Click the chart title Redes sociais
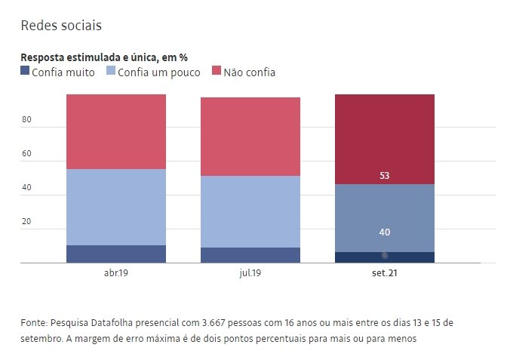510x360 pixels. [61, 25]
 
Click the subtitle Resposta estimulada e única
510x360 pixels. [104, 57]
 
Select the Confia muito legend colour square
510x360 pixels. [25, 72]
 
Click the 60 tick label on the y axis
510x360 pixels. [26, 154]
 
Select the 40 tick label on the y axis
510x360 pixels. [26, 188]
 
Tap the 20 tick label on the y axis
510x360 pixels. [26, 222]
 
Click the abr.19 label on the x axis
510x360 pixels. [116, 272]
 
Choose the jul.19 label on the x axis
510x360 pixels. [250, 272]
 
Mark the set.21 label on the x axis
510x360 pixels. [385, 272]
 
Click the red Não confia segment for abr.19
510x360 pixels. [116, 131]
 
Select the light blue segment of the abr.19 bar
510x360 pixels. [116, 207]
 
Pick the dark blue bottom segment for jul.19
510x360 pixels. [250, 255]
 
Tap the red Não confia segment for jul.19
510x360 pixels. [250, 137]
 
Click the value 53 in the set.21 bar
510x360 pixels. [385, 176]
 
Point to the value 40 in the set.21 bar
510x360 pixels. [385, 232]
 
